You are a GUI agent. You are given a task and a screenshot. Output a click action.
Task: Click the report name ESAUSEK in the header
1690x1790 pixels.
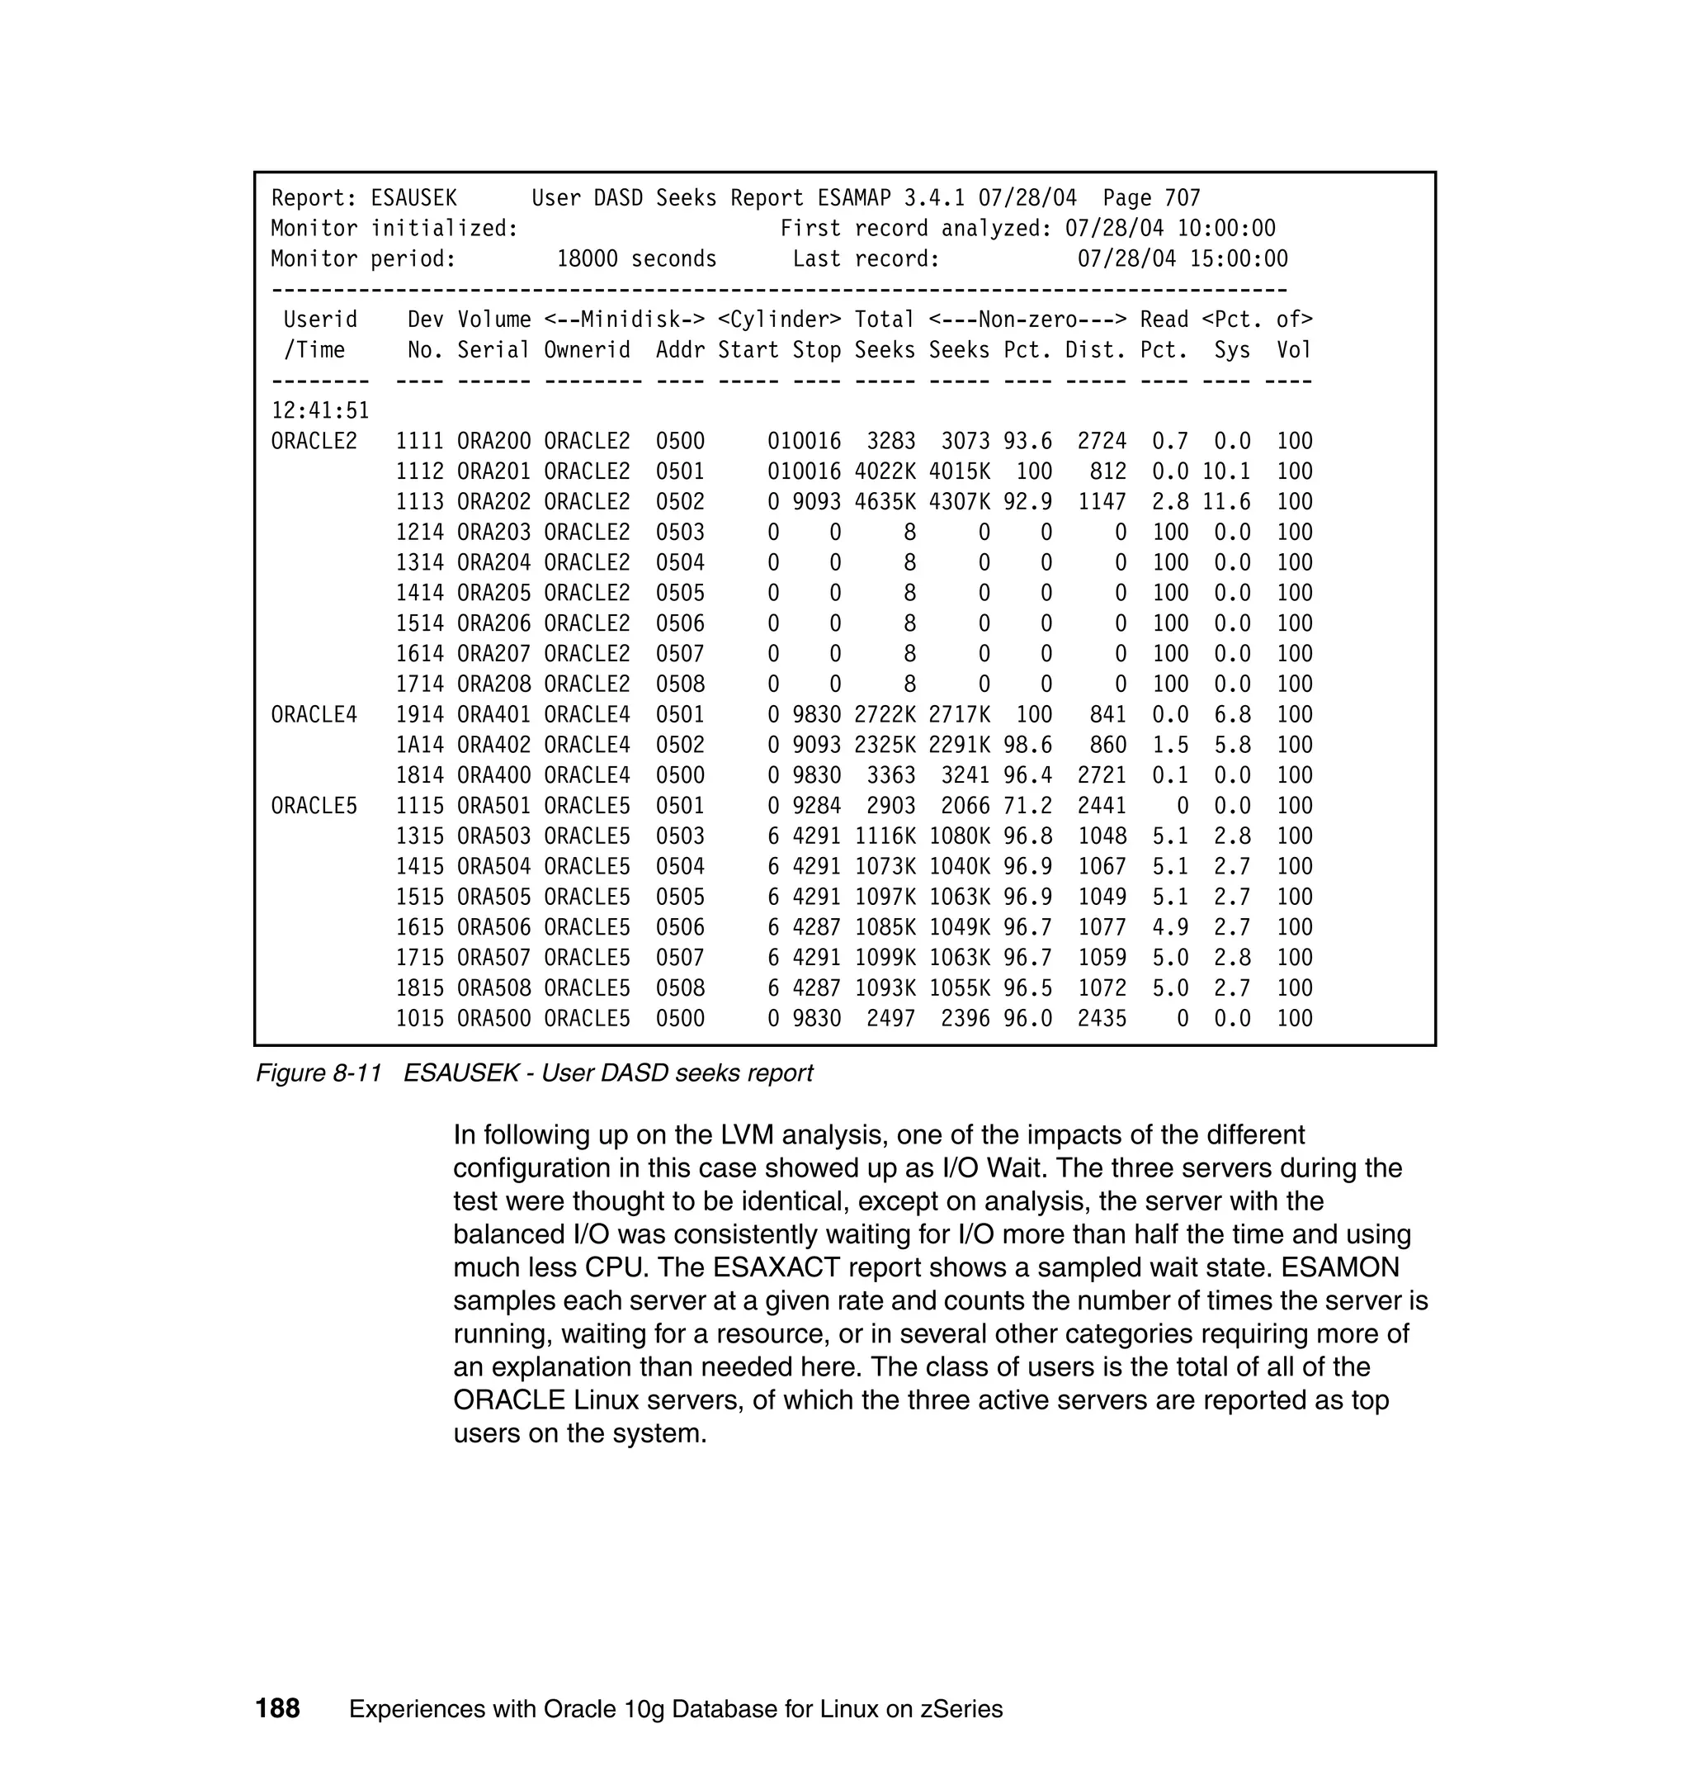(x=413, y=198)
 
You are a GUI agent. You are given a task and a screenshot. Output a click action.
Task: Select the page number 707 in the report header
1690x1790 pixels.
(x=1182, y=198)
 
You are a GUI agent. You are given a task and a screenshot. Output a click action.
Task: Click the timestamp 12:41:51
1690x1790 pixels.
(x=320, y=411)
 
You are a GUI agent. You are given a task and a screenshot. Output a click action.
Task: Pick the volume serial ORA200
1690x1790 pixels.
(x=493, y=442)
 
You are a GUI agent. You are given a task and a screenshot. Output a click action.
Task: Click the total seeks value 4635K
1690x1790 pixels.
(x=885, y=502)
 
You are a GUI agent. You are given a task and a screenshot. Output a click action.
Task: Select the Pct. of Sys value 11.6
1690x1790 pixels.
(x=1226, y=502)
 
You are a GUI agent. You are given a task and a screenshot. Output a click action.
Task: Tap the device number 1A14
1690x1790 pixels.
(x=420, y=746)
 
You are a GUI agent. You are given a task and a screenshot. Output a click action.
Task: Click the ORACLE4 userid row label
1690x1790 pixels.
(x=314, y=715)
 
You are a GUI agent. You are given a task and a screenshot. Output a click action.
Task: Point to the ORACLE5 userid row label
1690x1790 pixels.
(x=314, y=806)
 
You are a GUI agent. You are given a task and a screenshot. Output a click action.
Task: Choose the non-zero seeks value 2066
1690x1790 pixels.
(x=965, y=806)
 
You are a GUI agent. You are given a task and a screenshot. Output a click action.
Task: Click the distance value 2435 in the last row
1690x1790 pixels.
(x=1102, y=1019)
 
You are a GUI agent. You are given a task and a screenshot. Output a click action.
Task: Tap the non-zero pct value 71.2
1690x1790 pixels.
(x=1027, y=806)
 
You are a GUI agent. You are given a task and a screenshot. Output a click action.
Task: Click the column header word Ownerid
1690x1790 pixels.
(x=587, y=351)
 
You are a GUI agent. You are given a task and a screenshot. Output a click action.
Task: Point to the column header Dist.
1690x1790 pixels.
(x=1095, y=351)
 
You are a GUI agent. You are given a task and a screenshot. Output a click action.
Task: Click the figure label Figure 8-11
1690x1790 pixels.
(x=319, y=1073)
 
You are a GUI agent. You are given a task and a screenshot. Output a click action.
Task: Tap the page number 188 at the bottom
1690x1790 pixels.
(x=277, y=1708)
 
